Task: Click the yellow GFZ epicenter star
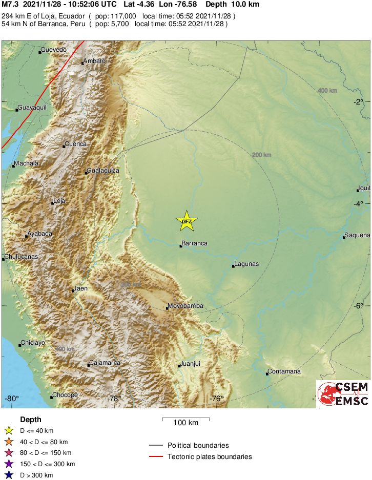pyautogui.click(x=187, y=221)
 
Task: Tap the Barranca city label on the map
pyautogui.click(x=194, y=244)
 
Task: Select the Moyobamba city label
pyautogui.click(x=185, y=306)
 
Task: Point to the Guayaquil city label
pyautogui.click(x=32, y=108)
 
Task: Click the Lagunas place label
pyautogui.click(x=246, y=264)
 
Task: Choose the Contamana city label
pyautogui.click(x=285, y=371)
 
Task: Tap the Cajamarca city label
pyautogui.click(x=105, y=363)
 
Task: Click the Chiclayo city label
pyautogui.click(x=33, y=343)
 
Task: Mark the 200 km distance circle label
pyautogui.click(x=261, y=155)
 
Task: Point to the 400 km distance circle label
pyautogui.click(x=327, y=91)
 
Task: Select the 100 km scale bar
pyautogui.click(x=185, y=420)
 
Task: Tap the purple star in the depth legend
pyautogui.click(x=9, y=464)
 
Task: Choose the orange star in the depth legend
pyautogui.click(x=9, y=442)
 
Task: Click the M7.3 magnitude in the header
pyautogui.click(x=10, y=4)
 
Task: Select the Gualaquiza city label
pyautogui.click(x=102, y=171)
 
